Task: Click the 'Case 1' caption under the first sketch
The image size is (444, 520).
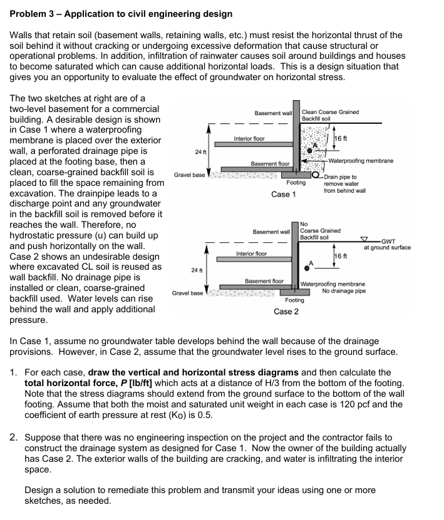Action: point(284,194)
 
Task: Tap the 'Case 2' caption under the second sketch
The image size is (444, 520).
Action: point(286,312)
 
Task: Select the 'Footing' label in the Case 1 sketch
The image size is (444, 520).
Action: point(296,183)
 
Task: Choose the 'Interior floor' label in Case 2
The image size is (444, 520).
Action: point(251,253)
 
